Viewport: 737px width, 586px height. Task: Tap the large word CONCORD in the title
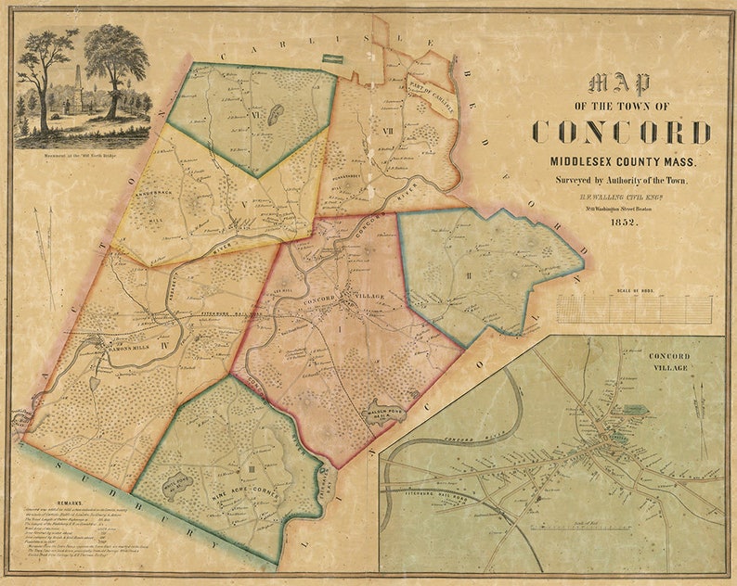pos(622,132)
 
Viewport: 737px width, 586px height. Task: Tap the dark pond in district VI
pos(277,116)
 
